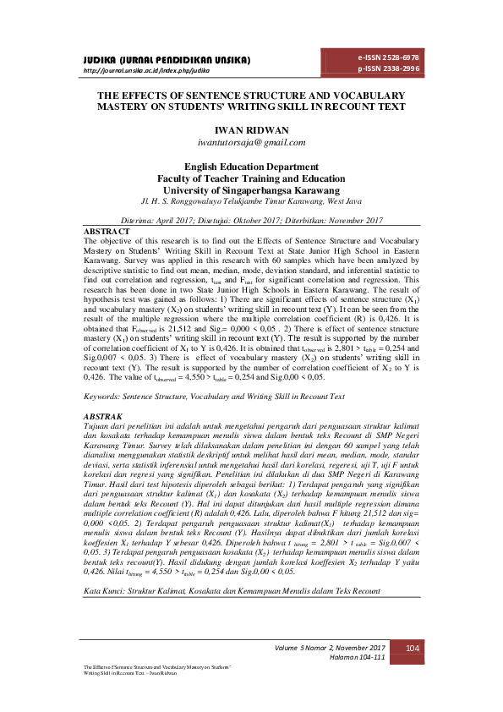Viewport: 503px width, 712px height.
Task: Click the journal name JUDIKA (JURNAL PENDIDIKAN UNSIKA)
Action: [167, 62]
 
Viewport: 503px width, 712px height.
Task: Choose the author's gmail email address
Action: [250, 144]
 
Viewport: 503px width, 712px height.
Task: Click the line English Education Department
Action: [250, 167]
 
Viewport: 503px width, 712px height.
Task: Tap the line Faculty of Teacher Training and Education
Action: [250, 178]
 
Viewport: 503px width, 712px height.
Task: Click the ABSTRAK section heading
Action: [104, 417]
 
